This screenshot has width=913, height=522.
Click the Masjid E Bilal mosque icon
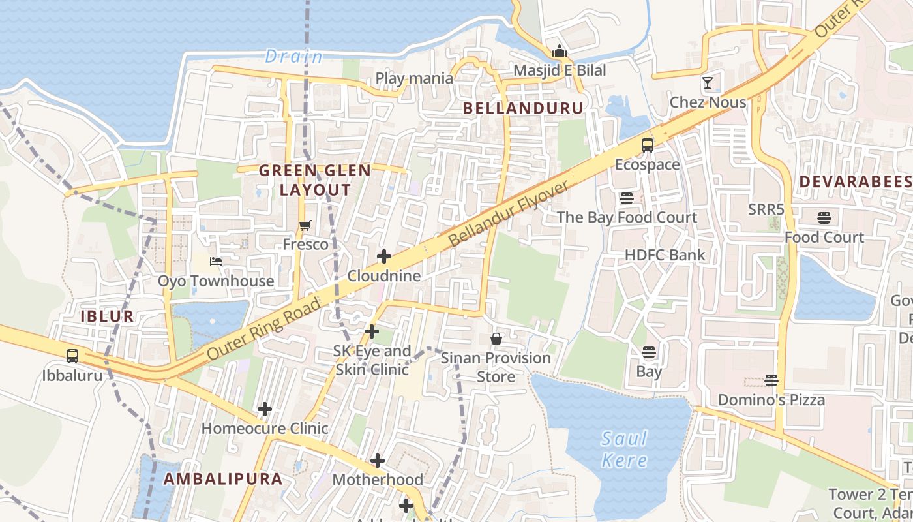[560, 51]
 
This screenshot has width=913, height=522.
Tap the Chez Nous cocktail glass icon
[708, 83]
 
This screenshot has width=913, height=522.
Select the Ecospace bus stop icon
[648, 146]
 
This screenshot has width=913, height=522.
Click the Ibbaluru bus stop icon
[72, 356]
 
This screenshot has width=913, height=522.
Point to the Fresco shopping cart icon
[305, 226]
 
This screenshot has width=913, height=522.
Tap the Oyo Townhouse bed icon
[216, 262]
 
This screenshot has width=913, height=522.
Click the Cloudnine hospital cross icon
[384, 256]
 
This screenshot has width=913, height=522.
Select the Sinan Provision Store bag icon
[496, 339]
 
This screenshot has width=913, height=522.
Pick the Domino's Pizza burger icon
[771, 380]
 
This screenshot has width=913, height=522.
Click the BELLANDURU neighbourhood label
[523, 108]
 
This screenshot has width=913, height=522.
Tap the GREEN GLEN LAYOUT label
[315, 180]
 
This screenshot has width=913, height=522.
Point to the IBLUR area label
[107, 316]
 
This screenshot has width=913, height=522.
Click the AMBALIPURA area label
[223, 479]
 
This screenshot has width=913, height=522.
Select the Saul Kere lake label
[624, 449]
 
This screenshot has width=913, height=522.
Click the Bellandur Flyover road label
[509, 214]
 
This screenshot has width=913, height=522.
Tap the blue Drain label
[293, 57]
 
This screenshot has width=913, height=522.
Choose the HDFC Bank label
[665, 255]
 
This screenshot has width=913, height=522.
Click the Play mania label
[414, 78]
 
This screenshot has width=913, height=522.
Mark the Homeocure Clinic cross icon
[264, 409]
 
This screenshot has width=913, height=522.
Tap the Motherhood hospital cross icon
[378, 461]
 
